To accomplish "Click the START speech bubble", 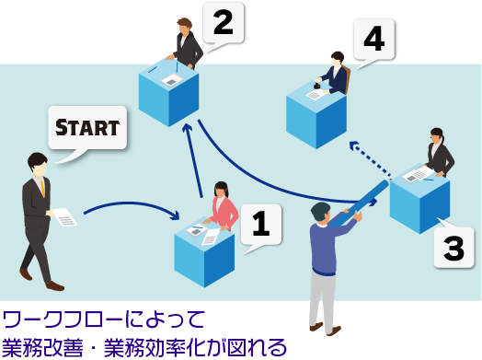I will coord(87,128).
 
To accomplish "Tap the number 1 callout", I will coord(260,223).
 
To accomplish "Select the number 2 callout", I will coord(223,22).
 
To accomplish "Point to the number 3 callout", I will coord(453,246).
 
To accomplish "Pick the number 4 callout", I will coord(373,40).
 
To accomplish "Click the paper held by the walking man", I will coord(64,217).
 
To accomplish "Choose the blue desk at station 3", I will coord(419,201).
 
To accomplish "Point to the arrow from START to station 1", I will coord(130,205).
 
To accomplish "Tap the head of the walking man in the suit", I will coord(37,165).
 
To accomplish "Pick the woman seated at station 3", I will coord(438,153).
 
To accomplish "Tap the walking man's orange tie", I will coord(42,188).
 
